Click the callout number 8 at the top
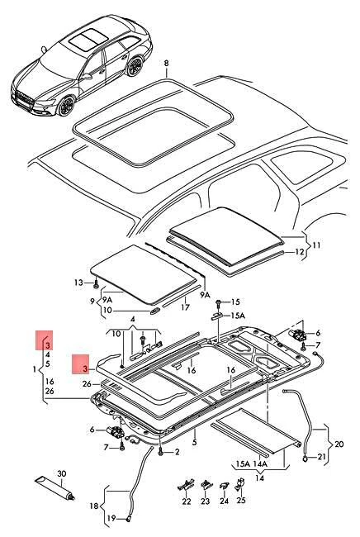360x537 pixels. (166, 63)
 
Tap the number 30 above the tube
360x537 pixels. (60, 473)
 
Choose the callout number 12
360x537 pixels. (301, 251)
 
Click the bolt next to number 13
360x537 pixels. (98, 283)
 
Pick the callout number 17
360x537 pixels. (187, 308)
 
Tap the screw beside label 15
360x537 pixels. (221, 302)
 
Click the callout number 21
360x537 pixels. (322, 455)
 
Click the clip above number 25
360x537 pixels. (241, 485)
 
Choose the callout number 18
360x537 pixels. (92, 506)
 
